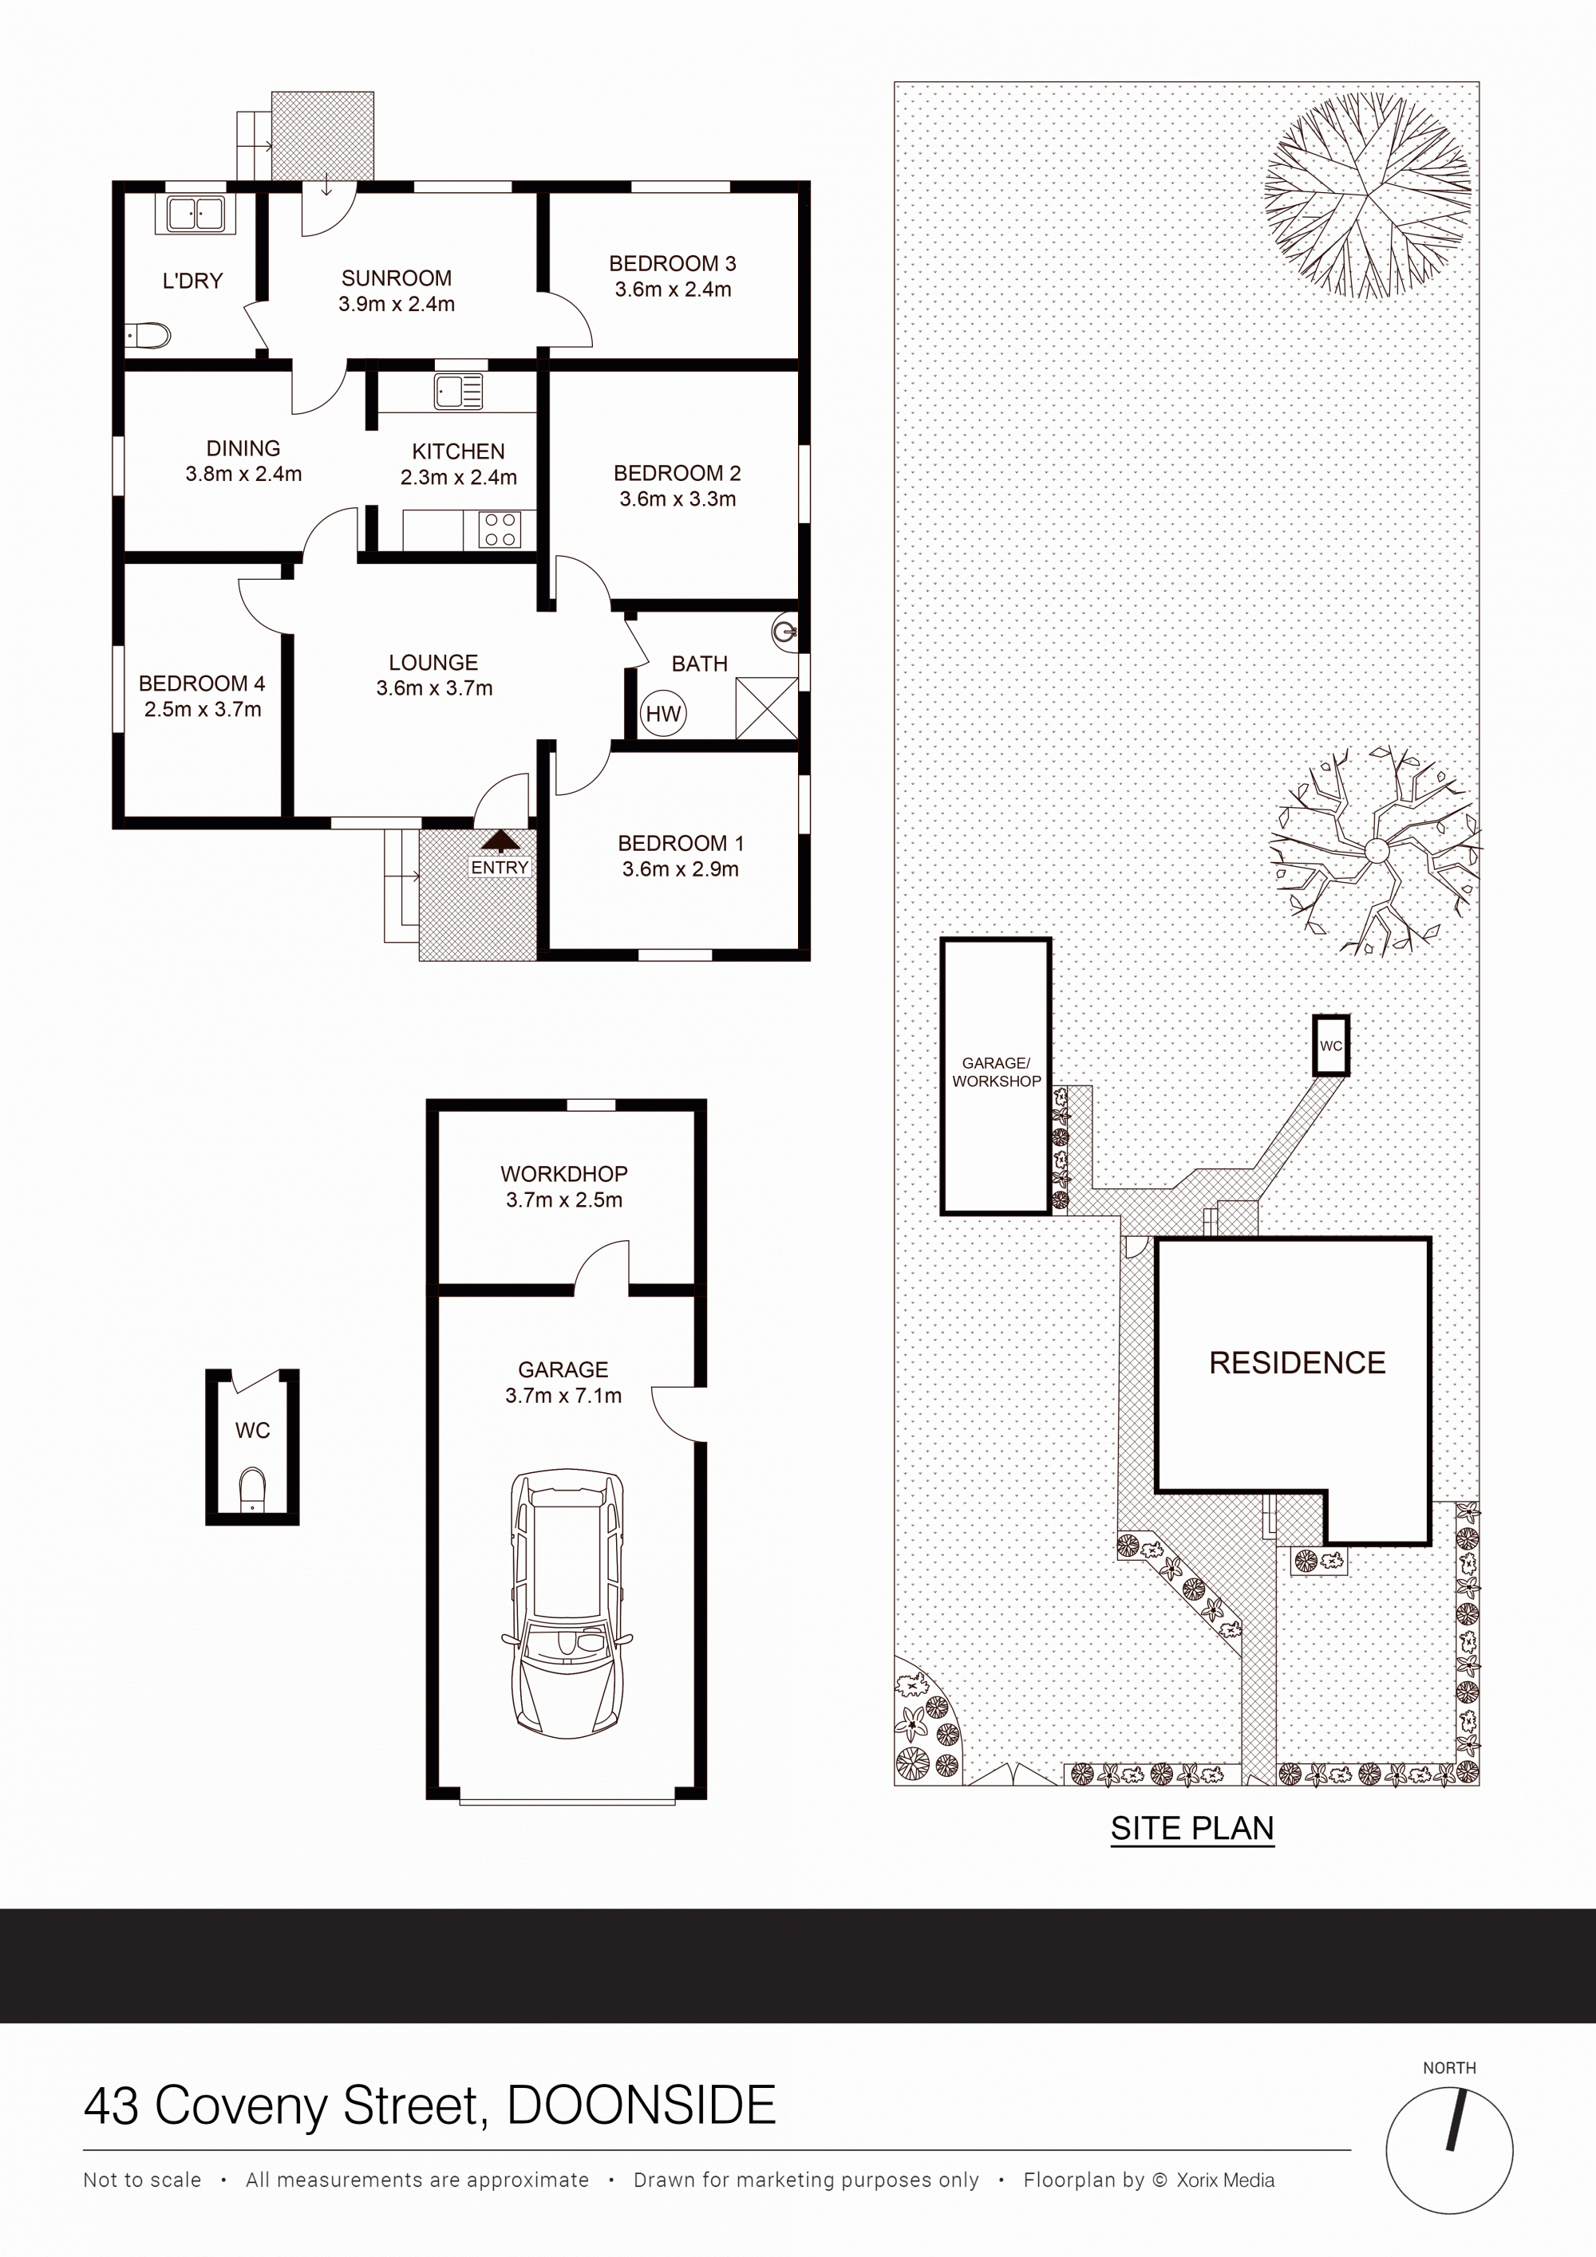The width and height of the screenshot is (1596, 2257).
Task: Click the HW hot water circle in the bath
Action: pyautogui.click(x=664, y=714)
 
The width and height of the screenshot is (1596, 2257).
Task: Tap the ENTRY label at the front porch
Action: pyautogui.click(x=500, y=868)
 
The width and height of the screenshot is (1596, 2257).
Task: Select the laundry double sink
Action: pyautogui.click(x=195, y=213)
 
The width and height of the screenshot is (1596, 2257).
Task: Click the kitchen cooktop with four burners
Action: pyautogui.click(x=500, y=529)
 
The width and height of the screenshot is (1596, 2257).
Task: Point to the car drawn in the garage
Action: pyautogui.click(x=566, y=1605)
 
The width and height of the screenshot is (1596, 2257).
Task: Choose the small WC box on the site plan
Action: pyautogui.click(x=1332, y=1045)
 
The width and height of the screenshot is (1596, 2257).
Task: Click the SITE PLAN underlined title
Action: pyautogui.click(x=1192, y=1829)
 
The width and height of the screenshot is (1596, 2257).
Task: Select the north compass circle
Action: pyautogui.click(x=1449, y=2151)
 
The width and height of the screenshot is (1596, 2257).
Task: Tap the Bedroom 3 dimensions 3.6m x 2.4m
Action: pyautogui.click(x=674, y=290)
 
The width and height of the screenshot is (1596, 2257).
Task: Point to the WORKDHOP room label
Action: pyautogui.click(x=563, y=1174)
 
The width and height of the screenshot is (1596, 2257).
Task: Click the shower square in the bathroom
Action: pyautogui.click(x=766, y=707)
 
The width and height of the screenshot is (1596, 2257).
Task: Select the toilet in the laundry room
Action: pyautogui.click(x=148, y=337)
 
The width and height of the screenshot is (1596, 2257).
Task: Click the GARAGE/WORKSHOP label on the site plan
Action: pyautogui.click(x=996, y=1073)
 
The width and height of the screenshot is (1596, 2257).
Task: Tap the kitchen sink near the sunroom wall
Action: pyautogui.click(x=458, y=392)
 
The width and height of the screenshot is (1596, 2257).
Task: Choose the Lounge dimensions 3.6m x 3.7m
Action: pyautogui.click(x=435, y=689)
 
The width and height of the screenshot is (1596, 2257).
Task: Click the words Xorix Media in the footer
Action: pyautogui.click(x=1225, y=2180)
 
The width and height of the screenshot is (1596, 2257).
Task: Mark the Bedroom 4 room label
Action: pyautogui.click(x=202, y=683)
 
